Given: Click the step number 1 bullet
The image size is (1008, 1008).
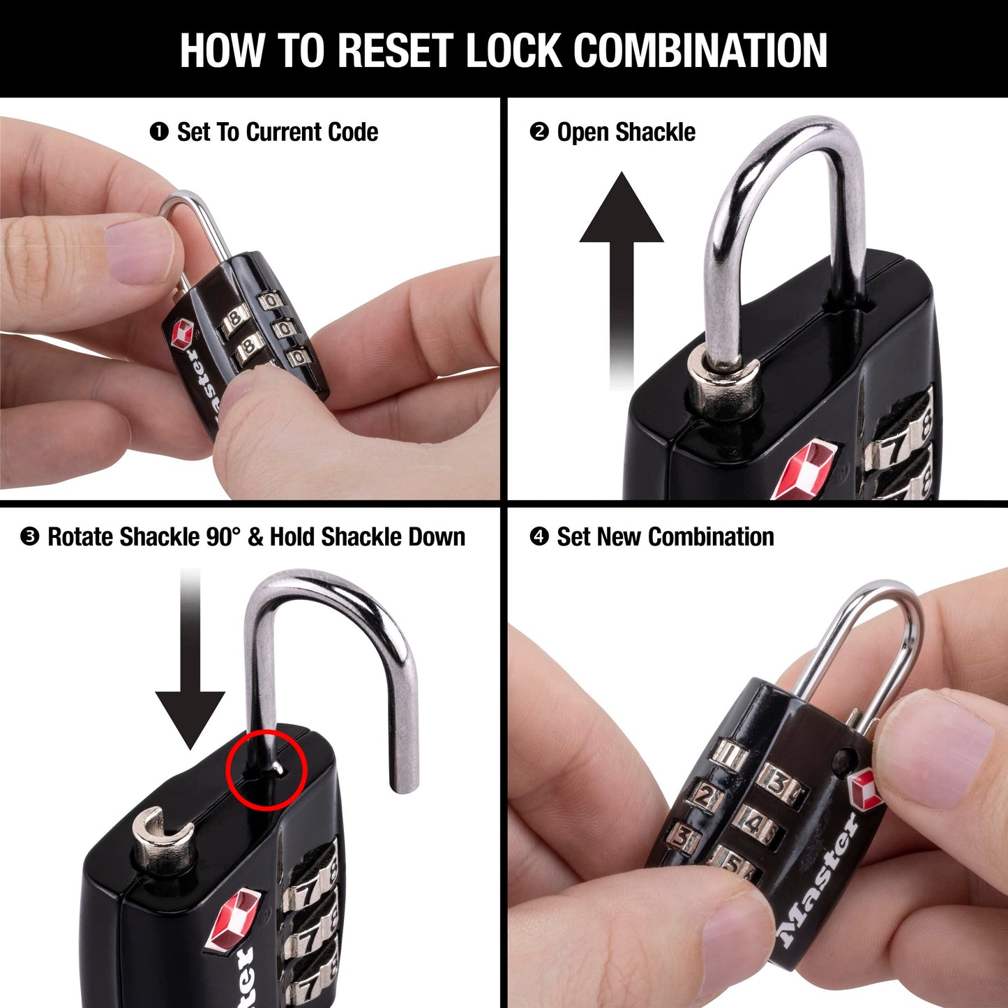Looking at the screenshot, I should tap(159, 131).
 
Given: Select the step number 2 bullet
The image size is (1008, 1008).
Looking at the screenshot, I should tap(539, 131).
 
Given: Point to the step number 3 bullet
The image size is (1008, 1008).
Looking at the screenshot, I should tap(29, 536).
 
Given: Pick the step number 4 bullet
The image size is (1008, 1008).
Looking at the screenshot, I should tap(539, 536).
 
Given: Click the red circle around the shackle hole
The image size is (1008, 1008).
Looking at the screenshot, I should tap(266, 770).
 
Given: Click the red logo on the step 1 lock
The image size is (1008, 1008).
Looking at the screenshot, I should tap(183, 334).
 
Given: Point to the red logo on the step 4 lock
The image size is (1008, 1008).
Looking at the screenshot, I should tap(866, 790).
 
